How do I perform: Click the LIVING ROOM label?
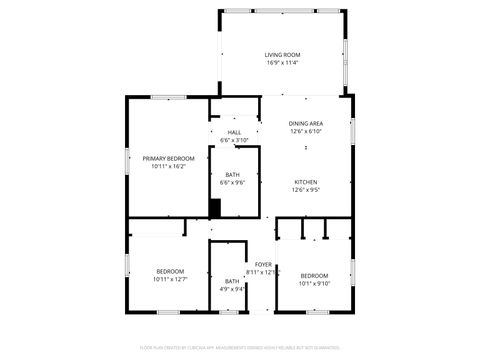[282, 54]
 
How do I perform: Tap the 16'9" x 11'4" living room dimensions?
[282, 63]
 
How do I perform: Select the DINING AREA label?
[305, 123]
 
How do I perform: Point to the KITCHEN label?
[305, 181]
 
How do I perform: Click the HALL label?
[234, 132]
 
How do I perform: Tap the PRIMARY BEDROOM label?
[168, 158]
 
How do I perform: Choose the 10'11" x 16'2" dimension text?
[168, 166]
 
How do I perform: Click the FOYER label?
[263, 264]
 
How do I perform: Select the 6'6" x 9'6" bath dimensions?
[232, 183]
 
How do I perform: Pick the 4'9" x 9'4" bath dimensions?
[232, 289]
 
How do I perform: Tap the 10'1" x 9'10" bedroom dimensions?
[314, 283]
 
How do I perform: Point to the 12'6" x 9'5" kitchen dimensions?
[305, 189]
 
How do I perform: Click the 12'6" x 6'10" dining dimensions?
[305, 131]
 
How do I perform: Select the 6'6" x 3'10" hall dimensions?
[234, 140]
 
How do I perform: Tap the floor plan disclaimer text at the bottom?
[240, 348]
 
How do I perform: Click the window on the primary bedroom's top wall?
[168, 97]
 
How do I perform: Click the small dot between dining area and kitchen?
[305, 149]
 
